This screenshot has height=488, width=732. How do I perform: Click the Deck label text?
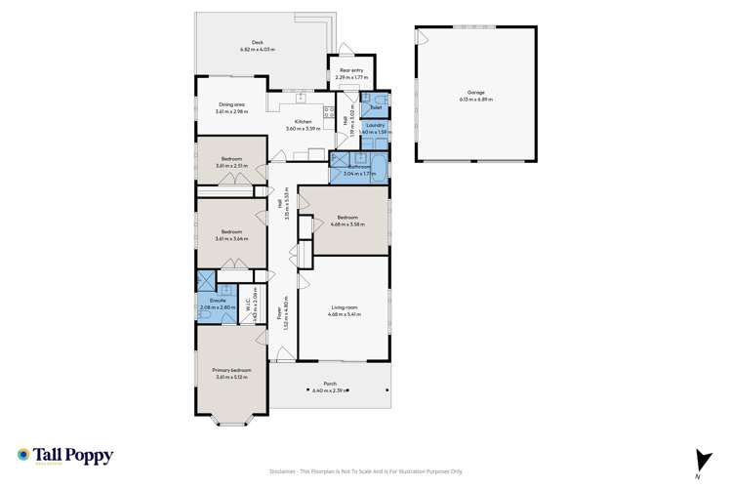[258, 43]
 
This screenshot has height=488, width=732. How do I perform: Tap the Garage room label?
[476, 94]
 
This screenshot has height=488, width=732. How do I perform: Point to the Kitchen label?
[303, 122]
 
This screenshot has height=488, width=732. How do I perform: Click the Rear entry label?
[350, 70]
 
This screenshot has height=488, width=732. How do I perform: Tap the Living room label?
[342, 309]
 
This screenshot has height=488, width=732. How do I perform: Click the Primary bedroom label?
[232, 370]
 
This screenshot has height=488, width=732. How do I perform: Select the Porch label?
[330, 384]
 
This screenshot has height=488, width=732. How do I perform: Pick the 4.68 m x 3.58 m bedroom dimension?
[349, 224]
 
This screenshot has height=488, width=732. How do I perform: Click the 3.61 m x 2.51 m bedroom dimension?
[231, 165]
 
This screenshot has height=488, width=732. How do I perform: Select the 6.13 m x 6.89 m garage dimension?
[476, 100]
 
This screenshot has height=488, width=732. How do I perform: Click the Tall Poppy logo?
[64, 456]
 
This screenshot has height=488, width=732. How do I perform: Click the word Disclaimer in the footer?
[285, 469]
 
